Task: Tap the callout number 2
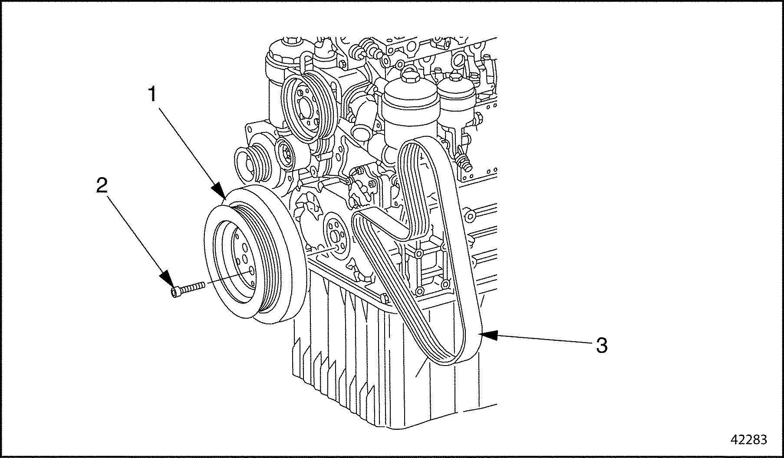[101, 187]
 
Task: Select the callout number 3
[601, 346]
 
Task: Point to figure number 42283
[749, 439]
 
